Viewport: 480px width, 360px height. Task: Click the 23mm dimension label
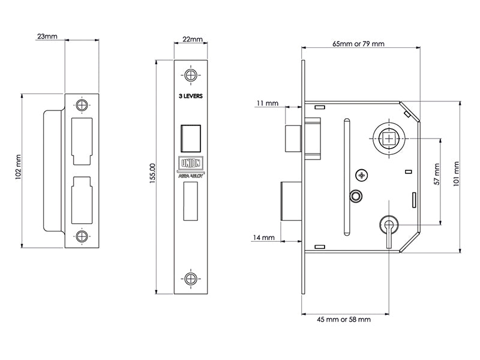pyautogui.click(x=47, y=37)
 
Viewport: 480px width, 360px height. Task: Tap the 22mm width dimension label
pyautogui.click(x=191, y=39)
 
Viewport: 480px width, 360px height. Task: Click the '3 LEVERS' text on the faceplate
pyautogui.click(x=191, y=95)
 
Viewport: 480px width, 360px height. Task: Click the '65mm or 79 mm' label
pyautogui.click(x=358, y=44)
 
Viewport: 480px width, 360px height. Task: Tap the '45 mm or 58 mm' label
pyautogui.click(x=343, y=320)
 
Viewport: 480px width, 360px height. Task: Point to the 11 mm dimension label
pyautogui.click(x=266, y=104)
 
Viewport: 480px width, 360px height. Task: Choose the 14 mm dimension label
pyautogui.click(x=263, y=238)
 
